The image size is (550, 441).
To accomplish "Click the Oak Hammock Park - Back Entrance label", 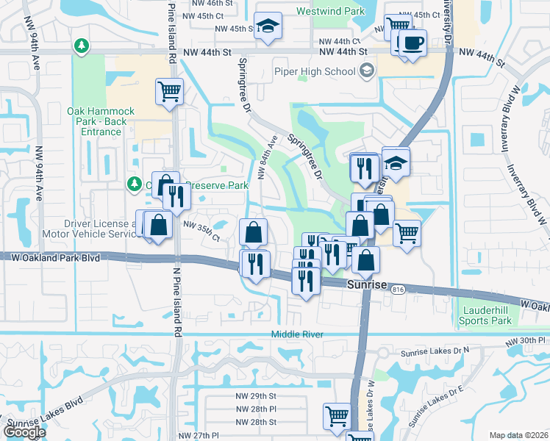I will click(101, 121).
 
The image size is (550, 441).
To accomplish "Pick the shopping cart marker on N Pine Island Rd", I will click(168, 92).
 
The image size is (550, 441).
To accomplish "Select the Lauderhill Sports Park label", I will click(485, 316).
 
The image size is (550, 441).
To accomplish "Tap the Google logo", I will click(24, 432).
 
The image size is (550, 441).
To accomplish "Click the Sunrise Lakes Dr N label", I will click(435, 354).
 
